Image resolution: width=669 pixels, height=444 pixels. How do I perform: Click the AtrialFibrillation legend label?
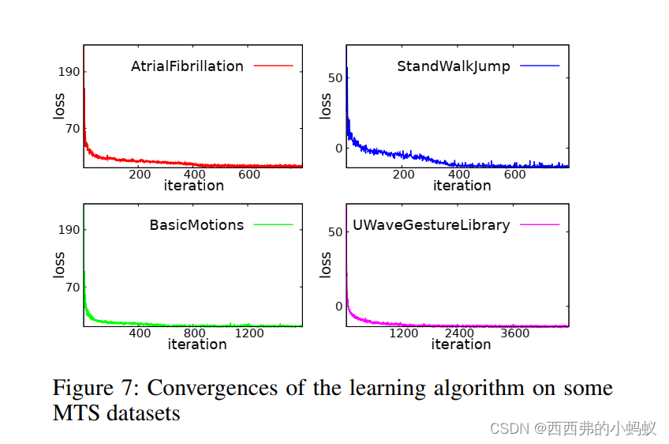[187, 66]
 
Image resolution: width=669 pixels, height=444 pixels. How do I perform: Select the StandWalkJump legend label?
[453, 66]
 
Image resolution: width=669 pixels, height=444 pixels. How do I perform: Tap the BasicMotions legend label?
[196, 225]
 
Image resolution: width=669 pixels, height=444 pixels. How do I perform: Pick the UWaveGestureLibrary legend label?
[431, 225]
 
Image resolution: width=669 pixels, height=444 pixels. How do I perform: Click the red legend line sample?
[273, 66]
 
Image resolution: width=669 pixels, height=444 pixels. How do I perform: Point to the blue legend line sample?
[540, 66]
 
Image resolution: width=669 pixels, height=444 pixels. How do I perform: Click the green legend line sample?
[273, 225]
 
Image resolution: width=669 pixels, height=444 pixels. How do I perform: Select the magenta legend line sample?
[540, 225]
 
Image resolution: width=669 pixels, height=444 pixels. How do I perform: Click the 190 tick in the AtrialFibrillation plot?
[68, 72]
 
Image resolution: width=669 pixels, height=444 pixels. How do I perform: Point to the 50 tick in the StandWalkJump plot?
[334, 77]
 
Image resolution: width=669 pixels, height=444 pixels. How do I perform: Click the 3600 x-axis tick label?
[515, 333]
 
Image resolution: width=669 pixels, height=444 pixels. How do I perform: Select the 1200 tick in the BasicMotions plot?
[249, 333]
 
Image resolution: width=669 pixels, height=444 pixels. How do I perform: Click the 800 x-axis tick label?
[194, 333]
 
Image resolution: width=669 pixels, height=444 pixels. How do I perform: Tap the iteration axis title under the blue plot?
[462, 186]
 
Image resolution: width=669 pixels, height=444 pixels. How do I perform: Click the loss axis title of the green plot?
[59, 265]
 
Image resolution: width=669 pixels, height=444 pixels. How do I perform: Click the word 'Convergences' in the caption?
[212, 389]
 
